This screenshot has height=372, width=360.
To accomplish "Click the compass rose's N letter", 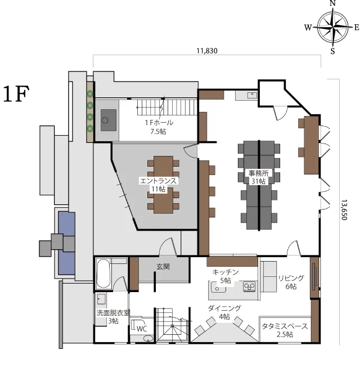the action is coord(333,3).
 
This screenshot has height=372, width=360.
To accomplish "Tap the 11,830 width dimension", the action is coord(207,51).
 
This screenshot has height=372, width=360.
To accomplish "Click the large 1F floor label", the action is coord(16,94).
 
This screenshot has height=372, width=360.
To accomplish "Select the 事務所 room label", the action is coord(259,173).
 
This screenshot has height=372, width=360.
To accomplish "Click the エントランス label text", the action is coord(159,181).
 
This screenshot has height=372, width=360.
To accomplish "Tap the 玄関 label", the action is coord(163,267).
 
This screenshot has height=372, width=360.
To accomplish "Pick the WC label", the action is coord(142,329).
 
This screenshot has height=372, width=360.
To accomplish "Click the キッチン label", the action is coord(226,272).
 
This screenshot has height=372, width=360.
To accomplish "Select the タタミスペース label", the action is coord(285,326).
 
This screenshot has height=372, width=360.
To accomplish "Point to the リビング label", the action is coord(291,278).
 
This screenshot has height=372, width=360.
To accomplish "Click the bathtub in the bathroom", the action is coord(104,274).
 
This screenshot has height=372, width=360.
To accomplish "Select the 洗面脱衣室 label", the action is coord(113,313).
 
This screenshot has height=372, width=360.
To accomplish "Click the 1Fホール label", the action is coord(159,123).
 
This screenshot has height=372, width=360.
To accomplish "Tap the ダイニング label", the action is coord(224,308).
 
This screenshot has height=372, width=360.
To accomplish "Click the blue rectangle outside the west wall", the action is coord(66,243).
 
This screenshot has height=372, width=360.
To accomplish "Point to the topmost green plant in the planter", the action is coord(90,94).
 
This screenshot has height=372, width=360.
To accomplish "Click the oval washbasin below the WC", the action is coord(149,338).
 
